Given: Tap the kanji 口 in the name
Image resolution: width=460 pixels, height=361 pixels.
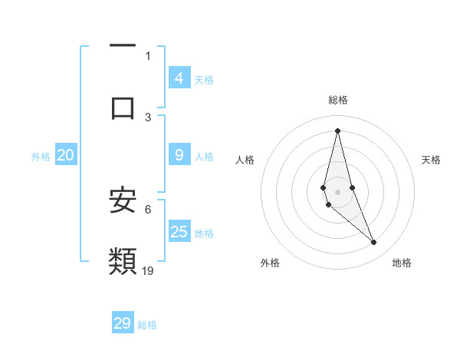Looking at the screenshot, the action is (x=123, y=107).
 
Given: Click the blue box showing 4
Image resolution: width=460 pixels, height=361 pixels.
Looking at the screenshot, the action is (x=179, y=78).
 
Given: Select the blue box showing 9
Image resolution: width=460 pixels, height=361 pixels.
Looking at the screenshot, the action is (x=179, y=155).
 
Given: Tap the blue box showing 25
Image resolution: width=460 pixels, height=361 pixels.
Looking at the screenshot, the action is (x=179, y=232).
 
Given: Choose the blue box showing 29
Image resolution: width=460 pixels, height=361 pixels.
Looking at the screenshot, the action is (x=123, y=323).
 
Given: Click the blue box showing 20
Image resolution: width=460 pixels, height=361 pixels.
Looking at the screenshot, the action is (x=65, y=155).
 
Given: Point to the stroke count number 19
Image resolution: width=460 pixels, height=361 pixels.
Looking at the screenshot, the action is (x=149, y=270).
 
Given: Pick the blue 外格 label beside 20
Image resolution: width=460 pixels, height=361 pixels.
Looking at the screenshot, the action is (x=41, y=157).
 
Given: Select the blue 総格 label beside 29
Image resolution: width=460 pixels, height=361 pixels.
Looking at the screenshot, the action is (x=147, y=325).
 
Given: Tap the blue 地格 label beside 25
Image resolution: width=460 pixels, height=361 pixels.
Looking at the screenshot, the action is (x=204, y=233).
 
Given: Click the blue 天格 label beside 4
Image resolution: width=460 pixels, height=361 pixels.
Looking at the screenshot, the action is (x=204, y=79).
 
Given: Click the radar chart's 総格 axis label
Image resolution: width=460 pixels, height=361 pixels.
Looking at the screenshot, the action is (x=338, y=100).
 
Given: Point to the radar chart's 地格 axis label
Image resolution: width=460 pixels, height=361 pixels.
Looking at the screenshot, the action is (x=402, y=263).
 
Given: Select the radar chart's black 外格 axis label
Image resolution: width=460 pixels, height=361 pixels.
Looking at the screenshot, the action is (x=270, y=263).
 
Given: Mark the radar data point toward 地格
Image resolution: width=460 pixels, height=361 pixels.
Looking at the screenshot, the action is (x=374, y=243).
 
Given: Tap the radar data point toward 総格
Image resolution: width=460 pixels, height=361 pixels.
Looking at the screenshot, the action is (x=337, y=130).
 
